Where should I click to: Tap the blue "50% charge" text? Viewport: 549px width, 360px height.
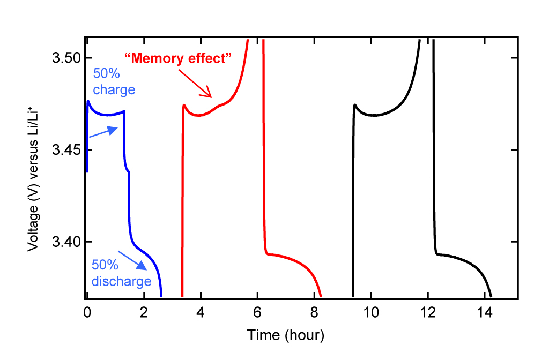[114, 81]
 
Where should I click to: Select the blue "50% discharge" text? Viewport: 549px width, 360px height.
[121, 273]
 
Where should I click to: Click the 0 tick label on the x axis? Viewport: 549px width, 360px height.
[87, 312]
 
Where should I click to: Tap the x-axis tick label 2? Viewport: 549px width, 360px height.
[144, 312]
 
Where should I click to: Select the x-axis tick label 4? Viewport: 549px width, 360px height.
[201, 312]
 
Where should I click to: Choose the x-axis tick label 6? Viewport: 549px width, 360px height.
[257, 312]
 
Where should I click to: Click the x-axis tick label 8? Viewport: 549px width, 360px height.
[314, 312]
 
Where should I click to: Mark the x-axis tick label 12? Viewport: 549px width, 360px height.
[428, 312]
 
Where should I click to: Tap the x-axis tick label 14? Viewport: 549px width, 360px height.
[485, 312]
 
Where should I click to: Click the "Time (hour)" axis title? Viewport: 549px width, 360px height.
[285, 335]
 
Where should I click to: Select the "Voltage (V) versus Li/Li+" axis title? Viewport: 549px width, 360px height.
[34, 173]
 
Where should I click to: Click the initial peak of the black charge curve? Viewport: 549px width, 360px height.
[355, 105]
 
